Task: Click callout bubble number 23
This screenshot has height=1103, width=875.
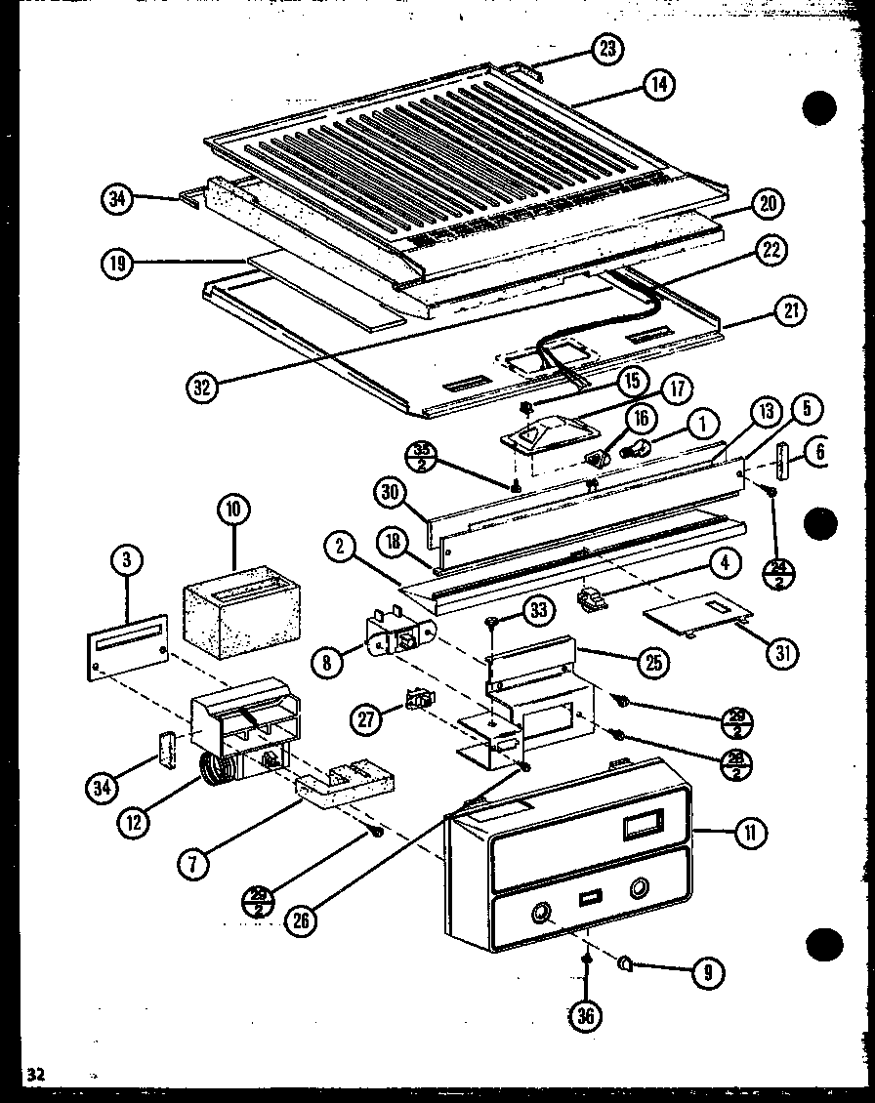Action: tap(610, 50)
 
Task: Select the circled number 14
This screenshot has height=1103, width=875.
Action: tap(659, 85)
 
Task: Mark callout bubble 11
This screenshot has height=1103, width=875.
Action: tap(751, 833)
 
